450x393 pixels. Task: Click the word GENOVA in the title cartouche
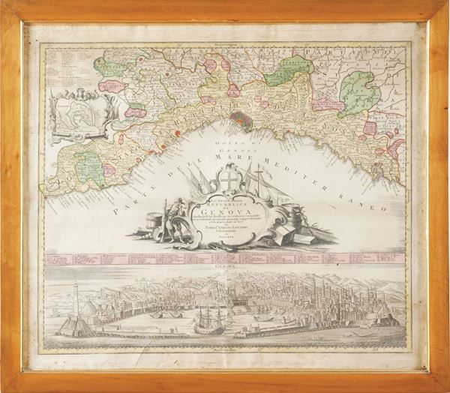click(224, 209)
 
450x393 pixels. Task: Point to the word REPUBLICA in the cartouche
click(225, 202)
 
